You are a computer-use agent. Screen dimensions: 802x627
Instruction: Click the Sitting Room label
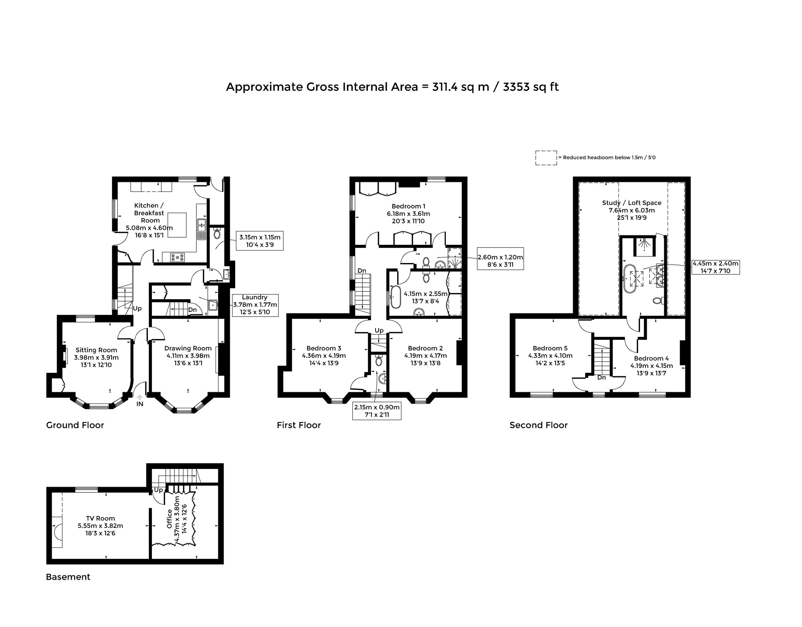96,350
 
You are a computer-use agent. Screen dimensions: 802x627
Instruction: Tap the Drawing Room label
188,348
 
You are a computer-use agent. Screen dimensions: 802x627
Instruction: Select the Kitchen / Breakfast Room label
149,213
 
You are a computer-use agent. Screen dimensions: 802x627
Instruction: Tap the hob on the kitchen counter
177,258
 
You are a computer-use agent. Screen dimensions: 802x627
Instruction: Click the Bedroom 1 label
409,206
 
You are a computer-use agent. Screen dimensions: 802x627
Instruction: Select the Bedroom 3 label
324,348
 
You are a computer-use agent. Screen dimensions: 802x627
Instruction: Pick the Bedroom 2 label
425,348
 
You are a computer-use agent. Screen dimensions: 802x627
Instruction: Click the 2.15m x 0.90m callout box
377,411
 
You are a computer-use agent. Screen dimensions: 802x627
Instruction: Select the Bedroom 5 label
550,348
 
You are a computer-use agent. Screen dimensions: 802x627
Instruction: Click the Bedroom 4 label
651,359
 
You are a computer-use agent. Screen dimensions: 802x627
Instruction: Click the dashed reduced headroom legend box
546,158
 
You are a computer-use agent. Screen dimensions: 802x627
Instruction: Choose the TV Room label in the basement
100,518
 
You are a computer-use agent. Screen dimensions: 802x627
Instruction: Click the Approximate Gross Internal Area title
392,87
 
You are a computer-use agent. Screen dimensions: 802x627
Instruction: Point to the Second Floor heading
539,425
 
